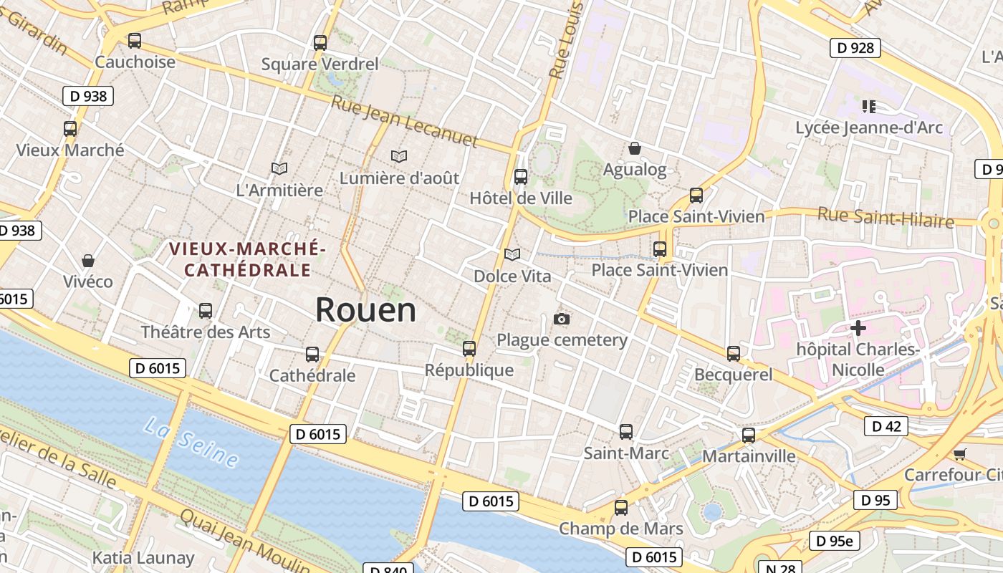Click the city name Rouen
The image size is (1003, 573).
pos(365,309)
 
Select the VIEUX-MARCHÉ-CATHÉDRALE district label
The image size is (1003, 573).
pos(247,259)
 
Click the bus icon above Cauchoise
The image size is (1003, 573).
pos(135,41)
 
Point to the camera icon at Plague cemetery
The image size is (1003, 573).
pos(562,319)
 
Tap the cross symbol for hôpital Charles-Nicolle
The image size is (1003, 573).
pos(858,329)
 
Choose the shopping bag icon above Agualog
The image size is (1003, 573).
pos(634,148)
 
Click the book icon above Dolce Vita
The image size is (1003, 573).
pos(512,254)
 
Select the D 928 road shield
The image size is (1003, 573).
pos(855,48)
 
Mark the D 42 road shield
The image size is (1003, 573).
pos(886,426)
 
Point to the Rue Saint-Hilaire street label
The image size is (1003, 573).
pos(886,217)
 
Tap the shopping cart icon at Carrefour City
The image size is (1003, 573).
pos(959,454)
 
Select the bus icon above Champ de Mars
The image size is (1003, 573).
pos(620,508)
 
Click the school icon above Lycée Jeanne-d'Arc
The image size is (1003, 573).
pos(869,107)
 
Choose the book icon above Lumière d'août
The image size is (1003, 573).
pos(398,156)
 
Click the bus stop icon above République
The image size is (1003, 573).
pos(469,349)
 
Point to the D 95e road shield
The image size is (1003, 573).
pos(835,541)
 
